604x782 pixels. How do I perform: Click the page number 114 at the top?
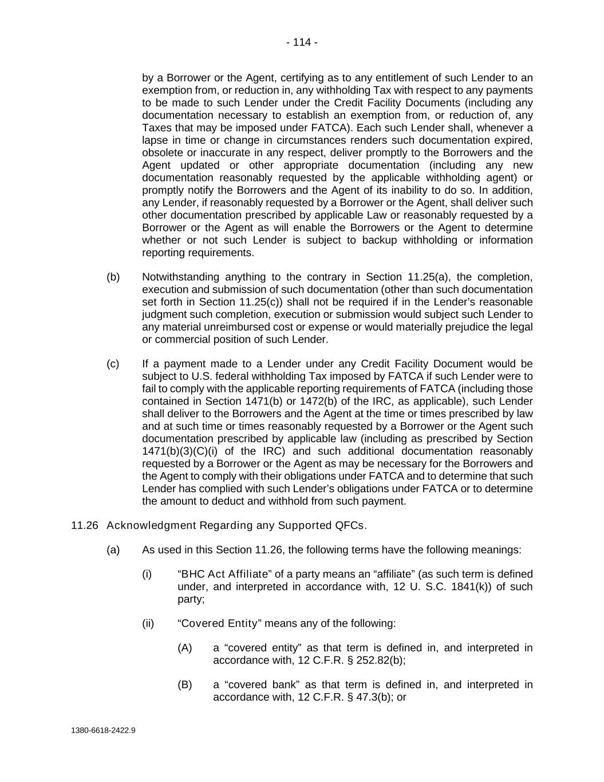pyautogui.click(x=302, y=42)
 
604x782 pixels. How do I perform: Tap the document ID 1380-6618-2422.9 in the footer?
pyautogui.click(x=103, y=730)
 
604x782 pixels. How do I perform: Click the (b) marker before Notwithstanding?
pyautogui.click(x=113, y=277)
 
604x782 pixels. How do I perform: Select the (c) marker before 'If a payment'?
pyautogui.click(x=113, y=364)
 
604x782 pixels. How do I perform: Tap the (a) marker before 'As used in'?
pyautogui.click(x=113, y=550)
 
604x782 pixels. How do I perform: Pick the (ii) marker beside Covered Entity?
pyautogui.click(x=148, y=623)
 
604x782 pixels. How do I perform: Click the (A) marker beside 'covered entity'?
pyautogui.click(x=185, y=648)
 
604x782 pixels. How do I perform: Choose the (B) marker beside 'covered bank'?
pyautogui.click(x=185, y=685)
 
